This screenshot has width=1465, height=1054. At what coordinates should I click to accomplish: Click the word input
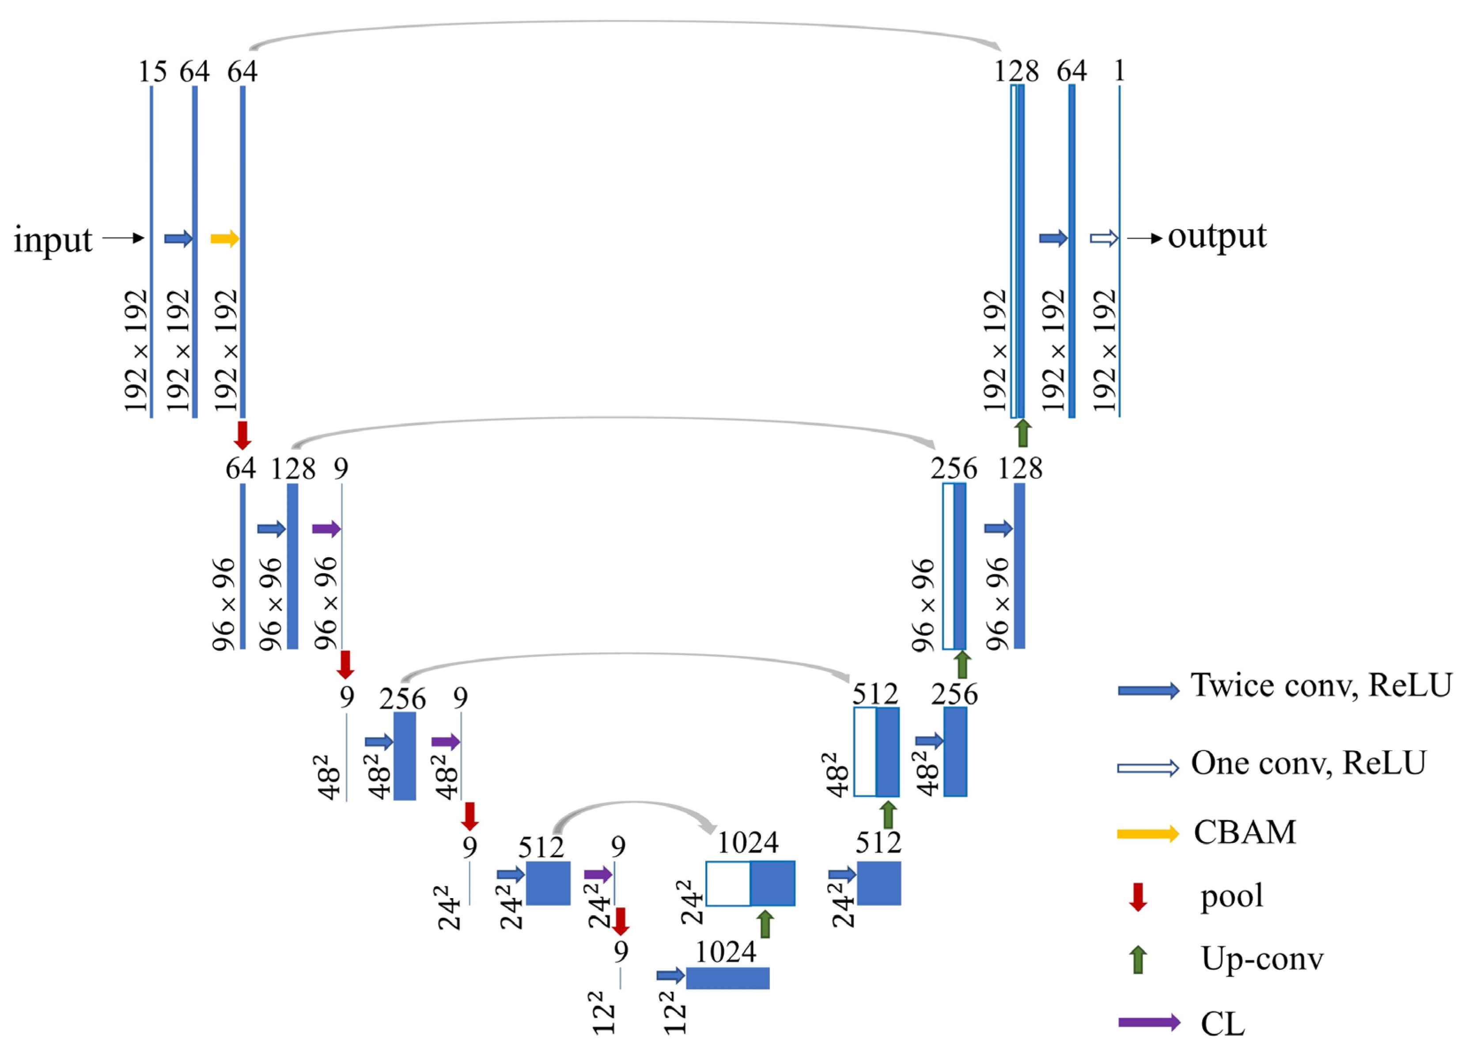point(53,240)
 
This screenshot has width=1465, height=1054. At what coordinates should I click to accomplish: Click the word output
point(1217,237)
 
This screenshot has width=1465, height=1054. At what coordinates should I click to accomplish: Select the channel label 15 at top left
point(152,71)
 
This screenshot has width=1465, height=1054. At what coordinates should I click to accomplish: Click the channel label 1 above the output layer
point(1120,70)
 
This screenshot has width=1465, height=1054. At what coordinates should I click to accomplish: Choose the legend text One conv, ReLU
point(1308,763)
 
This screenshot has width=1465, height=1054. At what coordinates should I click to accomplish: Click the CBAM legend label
point(1245,832)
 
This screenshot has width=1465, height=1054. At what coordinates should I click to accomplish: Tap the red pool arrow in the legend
point(1138,896)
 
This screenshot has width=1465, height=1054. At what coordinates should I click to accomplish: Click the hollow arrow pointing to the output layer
point(1103,238)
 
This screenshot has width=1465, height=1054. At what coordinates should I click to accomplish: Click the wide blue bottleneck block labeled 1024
point(727,978)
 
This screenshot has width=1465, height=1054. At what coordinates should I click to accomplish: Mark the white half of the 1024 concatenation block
point(728,884)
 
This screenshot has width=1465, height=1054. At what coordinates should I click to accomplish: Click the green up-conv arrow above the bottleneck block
point(765,924)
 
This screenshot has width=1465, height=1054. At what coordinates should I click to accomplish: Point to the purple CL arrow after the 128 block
point(326,529)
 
